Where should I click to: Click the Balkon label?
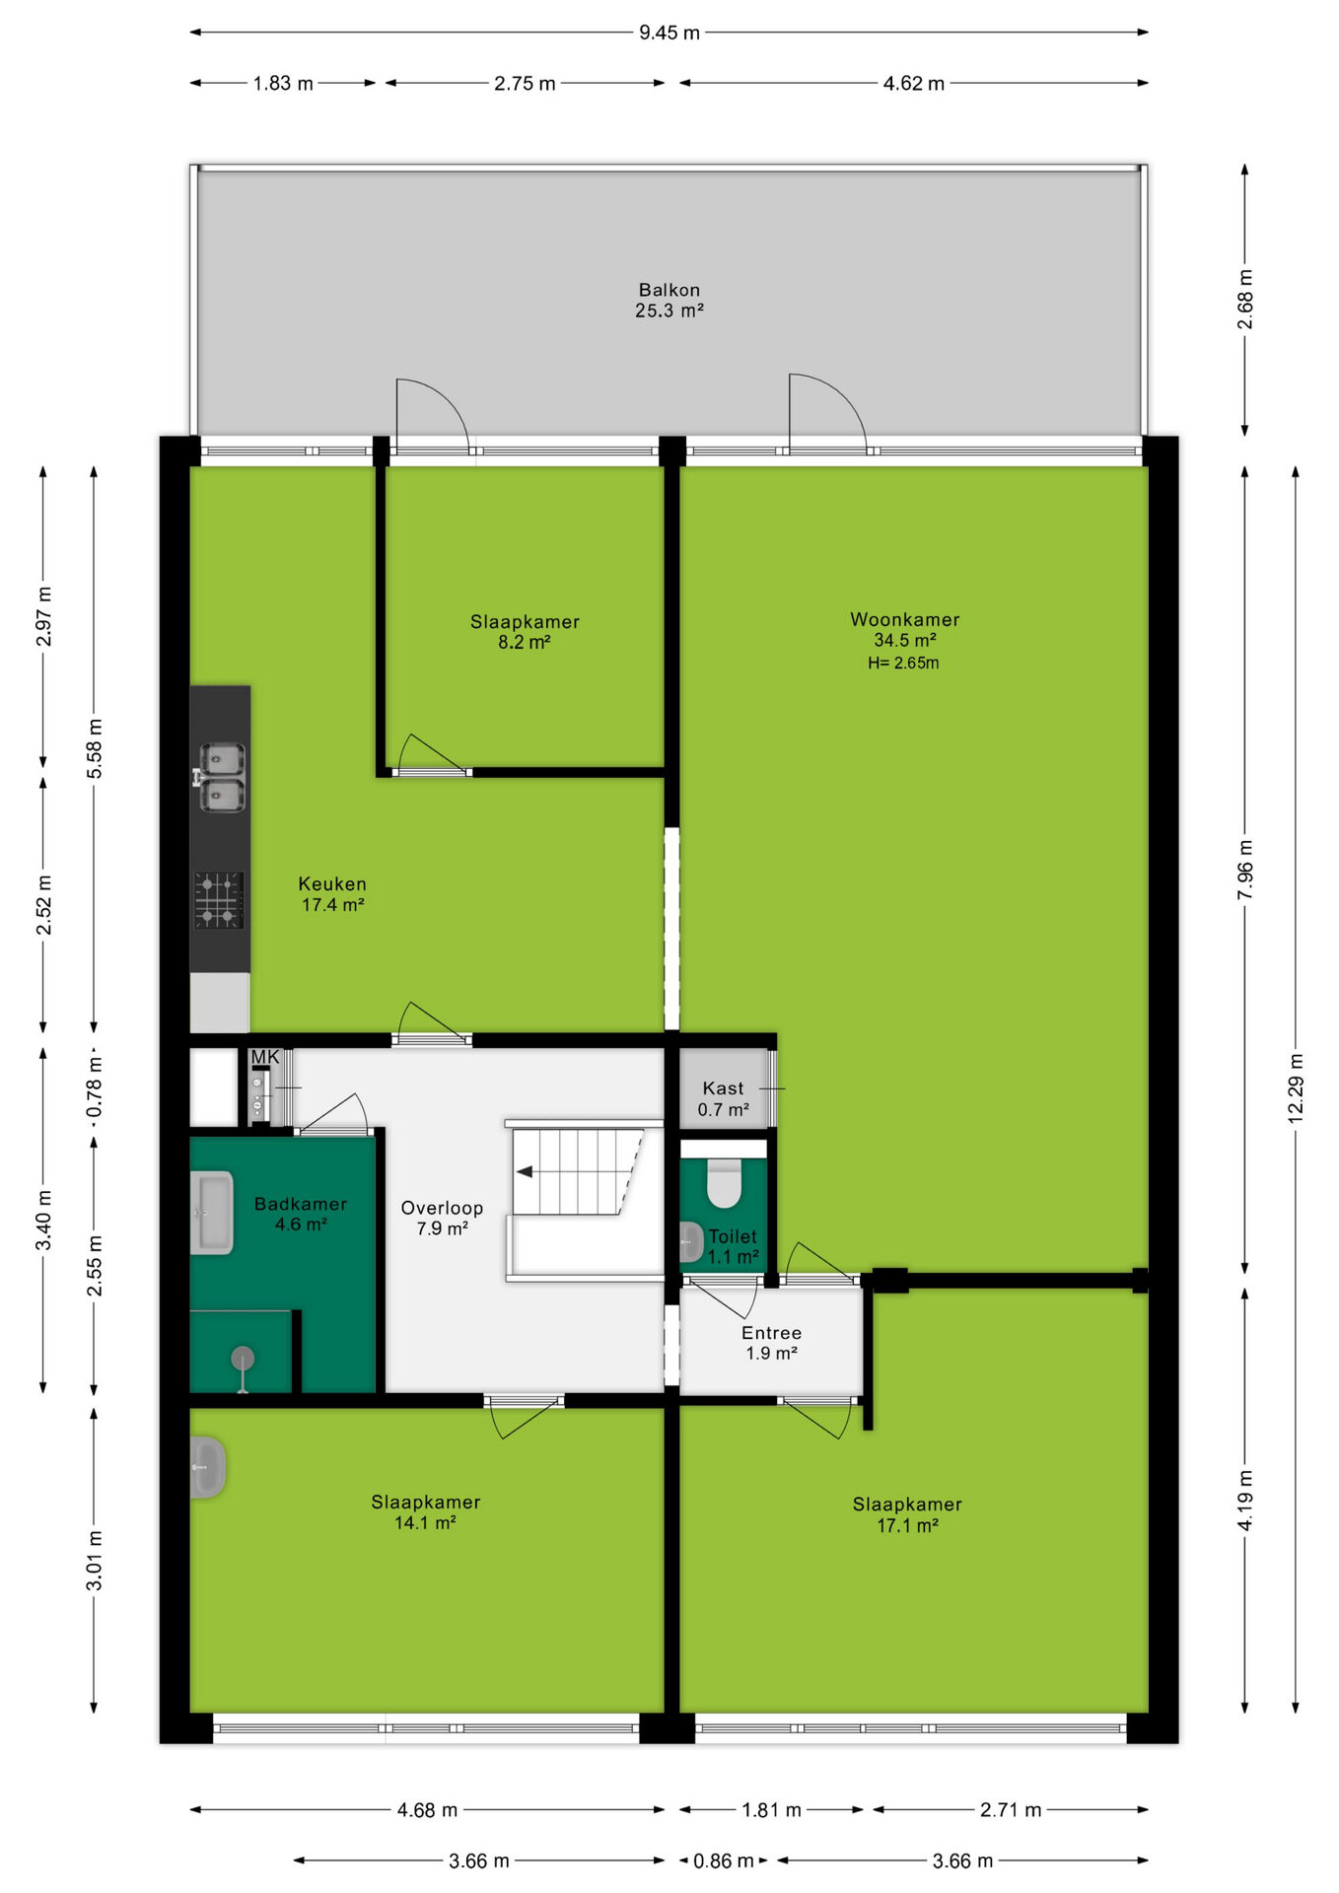click(669, 290)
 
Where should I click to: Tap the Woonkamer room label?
click(905, 619)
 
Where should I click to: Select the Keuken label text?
click(332, 884)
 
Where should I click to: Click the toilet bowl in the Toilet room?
click(724, 1183)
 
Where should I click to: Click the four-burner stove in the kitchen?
click(218, 899)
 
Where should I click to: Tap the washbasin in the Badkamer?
click(211, 1212)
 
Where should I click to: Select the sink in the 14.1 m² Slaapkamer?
click(207, 1467)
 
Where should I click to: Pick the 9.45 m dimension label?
click(669, 33)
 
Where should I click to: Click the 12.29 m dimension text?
click(1296, 1087)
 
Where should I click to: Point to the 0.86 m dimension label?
click(723, 1860)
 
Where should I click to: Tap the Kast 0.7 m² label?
click(723, 1098)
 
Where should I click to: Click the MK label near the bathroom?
click(265, 1057)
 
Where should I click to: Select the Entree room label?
click(771, 1333)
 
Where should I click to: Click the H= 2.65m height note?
click(903, 664)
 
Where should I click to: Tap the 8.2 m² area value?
click(524, 642)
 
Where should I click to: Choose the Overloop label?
click(442, 1208)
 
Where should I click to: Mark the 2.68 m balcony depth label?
click(1245, 300)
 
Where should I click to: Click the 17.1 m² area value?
click(907, 1525)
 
